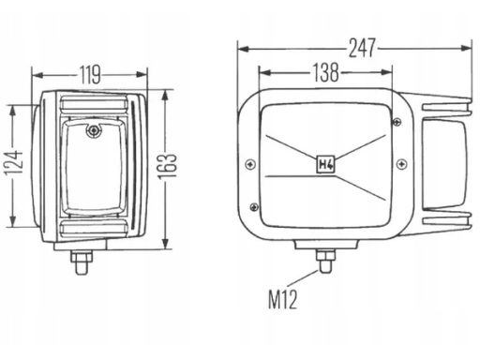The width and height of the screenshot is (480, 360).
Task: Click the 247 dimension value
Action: (x=362, y=48)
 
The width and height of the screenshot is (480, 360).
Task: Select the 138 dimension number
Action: (x=325, y=72)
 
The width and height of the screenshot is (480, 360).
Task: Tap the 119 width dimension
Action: (x=90, y=75)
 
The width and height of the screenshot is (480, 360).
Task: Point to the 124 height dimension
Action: (x=14, y=162)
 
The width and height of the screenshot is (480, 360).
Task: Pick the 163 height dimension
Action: (x=167, y=167)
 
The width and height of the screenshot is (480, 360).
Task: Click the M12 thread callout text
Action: (x=283, y=299)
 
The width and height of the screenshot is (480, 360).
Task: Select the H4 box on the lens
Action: (x=326, y=164)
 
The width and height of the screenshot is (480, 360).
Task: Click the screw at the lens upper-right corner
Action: (x=397, y=121)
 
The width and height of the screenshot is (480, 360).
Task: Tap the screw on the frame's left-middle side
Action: (x=250, y=164)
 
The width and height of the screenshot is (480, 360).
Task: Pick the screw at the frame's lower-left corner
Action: (x=255, y=206)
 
